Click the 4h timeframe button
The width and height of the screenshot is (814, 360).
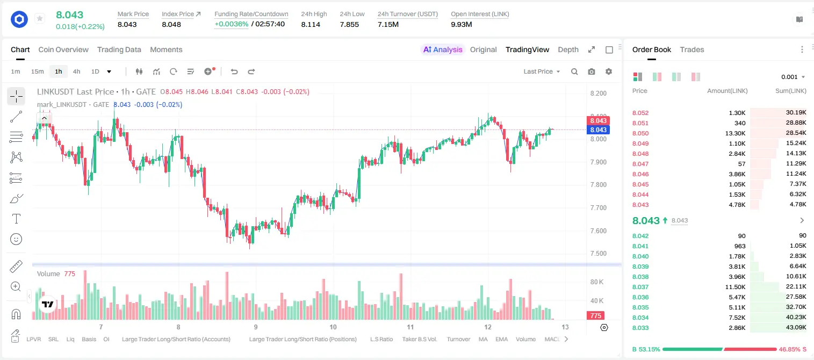76,71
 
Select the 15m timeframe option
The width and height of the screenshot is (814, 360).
37,71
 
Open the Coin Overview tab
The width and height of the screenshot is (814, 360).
63,49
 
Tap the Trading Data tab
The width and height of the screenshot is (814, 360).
119,49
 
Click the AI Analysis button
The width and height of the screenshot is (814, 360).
443,49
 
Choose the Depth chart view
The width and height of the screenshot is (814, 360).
568,49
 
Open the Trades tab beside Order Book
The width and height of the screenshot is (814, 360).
692,49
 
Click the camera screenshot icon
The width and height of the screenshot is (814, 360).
592,71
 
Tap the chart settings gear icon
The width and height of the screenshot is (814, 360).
609,71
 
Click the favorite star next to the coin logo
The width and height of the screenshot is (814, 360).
40,18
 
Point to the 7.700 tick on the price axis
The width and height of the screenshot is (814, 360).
598,208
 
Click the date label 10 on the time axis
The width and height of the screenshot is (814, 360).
333,327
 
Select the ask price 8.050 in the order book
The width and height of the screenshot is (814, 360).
640,133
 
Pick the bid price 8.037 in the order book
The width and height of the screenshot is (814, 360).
640,287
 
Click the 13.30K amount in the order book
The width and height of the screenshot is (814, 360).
735,133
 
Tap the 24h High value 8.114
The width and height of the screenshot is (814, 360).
311,24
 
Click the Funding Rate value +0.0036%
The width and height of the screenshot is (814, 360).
232,24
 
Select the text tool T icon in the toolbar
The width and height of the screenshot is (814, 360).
16,219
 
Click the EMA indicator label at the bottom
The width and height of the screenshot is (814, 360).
501,339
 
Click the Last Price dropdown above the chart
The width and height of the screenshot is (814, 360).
542,71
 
